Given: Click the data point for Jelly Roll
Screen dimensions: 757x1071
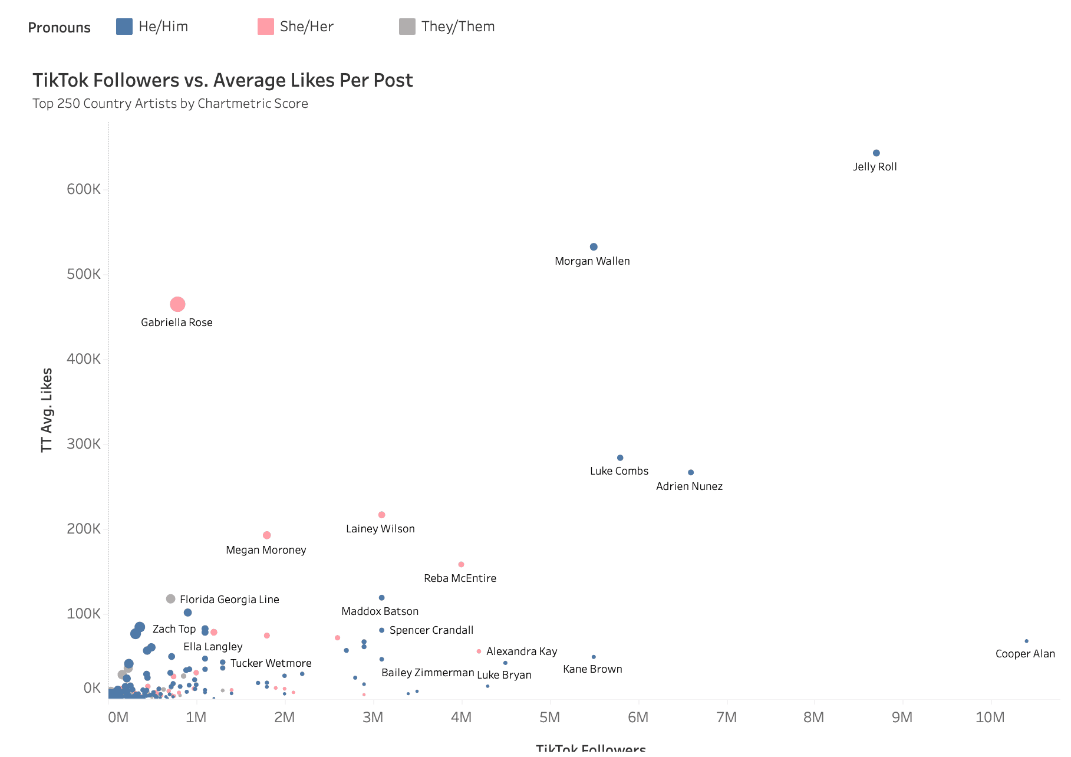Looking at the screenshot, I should (876, 153).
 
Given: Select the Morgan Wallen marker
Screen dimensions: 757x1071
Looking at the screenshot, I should (594, 247).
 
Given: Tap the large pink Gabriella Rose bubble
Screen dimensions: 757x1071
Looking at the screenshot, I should (177, 304).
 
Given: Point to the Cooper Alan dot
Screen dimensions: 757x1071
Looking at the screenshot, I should (1026, 641).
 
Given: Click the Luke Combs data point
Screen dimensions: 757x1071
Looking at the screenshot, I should (619, 458).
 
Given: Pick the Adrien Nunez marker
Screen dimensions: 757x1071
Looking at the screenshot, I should (691, 472).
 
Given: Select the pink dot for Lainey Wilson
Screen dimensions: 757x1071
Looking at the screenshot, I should (381, 515).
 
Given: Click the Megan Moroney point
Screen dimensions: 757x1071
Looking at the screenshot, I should (266, 535).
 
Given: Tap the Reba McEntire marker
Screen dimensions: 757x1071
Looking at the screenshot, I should (461, 565).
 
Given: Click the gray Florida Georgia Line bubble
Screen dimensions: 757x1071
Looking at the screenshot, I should (170, 599).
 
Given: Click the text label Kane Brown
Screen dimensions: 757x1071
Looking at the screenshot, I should (592, 669).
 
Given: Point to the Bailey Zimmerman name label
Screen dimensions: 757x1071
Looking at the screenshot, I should (427, 673).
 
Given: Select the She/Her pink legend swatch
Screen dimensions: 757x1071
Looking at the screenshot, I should (266, 27).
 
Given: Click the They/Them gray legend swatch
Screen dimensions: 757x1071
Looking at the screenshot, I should (407, 27).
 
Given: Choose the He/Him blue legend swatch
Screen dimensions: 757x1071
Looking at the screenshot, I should (124, 27).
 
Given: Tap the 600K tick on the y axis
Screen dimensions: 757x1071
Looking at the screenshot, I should (84, 189).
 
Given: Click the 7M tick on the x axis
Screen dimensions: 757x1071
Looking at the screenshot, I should (726, 717).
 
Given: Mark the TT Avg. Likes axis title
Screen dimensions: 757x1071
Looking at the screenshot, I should (47, 410).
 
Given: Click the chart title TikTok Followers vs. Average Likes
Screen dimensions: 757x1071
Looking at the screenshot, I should (223, 80).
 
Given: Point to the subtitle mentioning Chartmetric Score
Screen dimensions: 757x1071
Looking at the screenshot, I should (170, 104).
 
